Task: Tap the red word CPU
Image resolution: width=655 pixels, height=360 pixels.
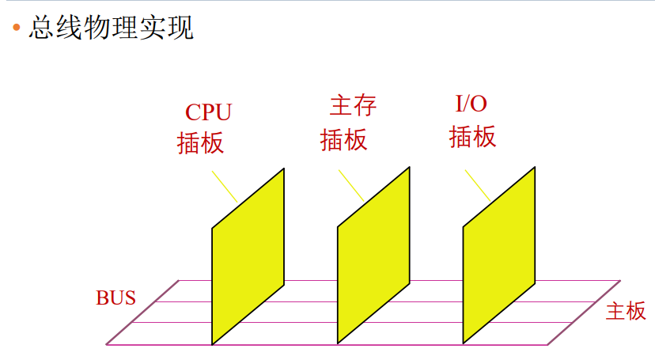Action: click(x=209, y=112)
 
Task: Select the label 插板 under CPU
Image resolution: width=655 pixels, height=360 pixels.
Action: click(x=201, y=142)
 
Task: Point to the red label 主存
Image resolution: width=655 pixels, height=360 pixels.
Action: click(x=353, y=104)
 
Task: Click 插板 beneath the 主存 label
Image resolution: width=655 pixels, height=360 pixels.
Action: click(x=344, y=139)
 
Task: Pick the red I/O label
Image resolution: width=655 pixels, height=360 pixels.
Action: click(x=472, y=104)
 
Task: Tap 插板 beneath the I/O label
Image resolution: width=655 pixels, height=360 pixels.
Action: click(x=473, y=137)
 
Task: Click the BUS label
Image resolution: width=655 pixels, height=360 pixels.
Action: click(x=116, y=298)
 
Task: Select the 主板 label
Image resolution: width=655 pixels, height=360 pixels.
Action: click(x=626, y=311)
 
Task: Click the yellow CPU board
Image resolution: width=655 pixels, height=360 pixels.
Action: click(x=248, y=257)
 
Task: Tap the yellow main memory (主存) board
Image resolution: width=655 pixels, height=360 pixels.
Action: click(x=373, y=257)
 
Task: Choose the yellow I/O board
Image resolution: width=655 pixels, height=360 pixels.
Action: click(x=498, y=257)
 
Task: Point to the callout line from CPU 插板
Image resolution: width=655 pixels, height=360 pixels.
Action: click(x=224, y=186)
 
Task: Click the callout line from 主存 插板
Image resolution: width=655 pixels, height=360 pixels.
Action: click(x=351, y=185)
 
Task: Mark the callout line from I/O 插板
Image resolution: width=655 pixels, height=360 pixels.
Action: click(x=477, y=184)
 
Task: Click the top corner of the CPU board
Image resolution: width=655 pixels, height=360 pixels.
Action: click(x=283, y=169)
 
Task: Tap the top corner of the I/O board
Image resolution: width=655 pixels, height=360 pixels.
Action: click(x=534, y=167)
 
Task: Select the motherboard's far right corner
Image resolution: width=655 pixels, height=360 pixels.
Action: click(x=620, y=280)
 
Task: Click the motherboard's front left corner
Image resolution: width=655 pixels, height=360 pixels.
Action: click(x=107, y=344)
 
